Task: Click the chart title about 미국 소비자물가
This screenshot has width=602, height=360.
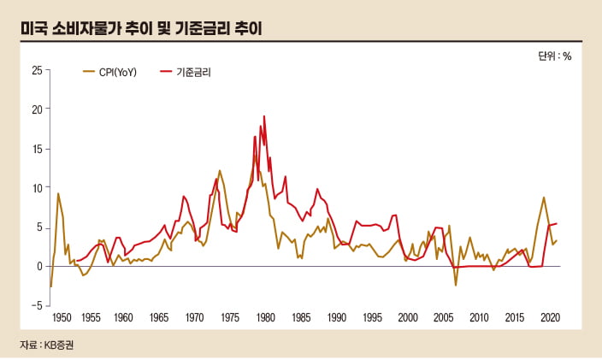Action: click(142, 28)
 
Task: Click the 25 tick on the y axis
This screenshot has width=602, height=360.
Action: click(36, 70)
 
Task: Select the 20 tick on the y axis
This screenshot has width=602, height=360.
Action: click(36, 109)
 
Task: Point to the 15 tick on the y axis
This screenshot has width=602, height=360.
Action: click(36, 149)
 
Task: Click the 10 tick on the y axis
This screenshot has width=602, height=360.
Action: click(36, 187)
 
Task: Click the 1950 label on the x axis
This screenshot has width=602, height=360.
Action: click(62, 317)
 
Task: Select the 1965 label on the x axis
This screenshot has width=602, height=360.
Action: click(158, 317)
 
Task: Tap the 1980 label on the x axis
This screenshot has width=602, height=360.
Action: click(266, 317)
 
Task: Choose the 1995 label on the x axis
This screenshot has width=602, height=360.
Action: click(372, 317)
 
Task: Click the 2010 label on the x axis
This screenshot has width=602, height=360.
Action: click(479, 317)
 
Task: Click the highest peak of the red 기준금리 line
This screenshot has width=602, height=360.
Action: click(264, 116)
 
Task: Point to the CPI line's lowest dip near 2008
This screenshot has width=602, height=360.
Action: click(456, 285)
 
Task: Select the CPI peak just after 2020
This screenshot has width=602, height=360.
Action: click(544, 198)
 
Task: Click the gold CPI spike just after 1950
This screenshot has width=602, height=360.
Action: click(58, 193)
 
